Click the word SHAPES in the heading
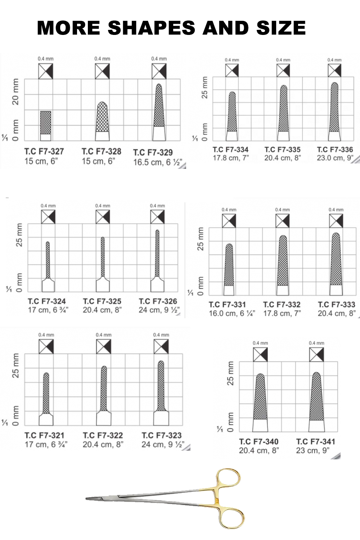tap(152, 28)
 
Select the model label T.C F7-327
tap(44, 152)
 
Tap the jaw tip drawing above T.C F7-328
tap(102, 121)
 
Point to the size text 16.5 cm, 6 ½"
tap(158, 162)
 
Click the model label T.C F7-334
tap(230, 150)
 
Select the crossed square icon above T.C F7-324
tap(48, 216)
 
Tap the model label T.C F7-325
tap(102, 301)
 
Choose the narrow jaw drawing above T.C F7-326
tap(157, 261)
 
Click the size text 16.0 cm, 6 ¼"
tap(232, 314)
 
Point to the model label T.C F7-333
tap(336, 305)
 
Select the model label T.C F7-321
tap(44, 436)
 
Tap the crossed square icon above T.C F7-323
tap(161, 346)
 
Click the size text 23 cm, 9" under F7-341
tap(313, 450)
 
